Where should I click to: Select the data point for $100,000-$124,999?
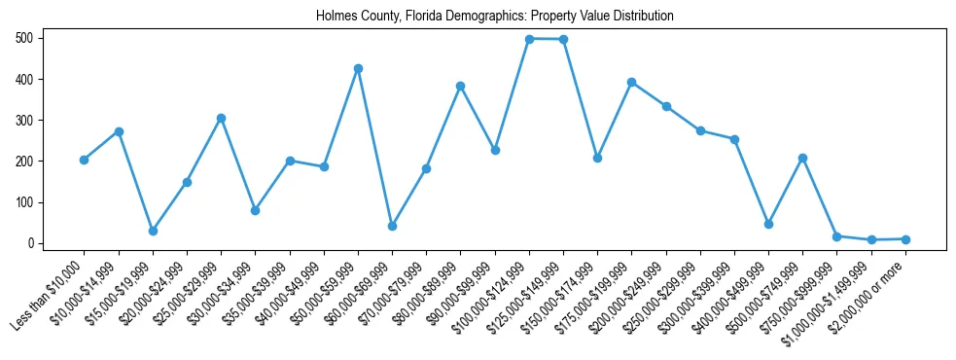coord(529,39)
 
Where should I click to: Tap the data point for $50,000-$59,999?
coord(358,68)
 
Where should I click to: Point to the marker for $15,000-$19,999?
coord(153,231)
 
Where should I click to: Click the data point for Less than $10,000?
coord(84,160)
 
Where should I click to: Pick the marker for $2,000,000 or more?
coord(905,238)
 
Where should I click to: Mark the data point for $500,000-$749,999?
coord(802,158)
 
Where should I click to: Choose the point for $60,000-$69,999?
coord(392,226)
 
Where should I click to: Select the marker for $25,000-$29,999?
coord(221,118)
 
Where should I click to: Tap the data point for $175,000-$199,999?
coord(631,82)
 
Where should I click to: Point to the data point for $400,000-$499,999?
coord(768,224)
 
